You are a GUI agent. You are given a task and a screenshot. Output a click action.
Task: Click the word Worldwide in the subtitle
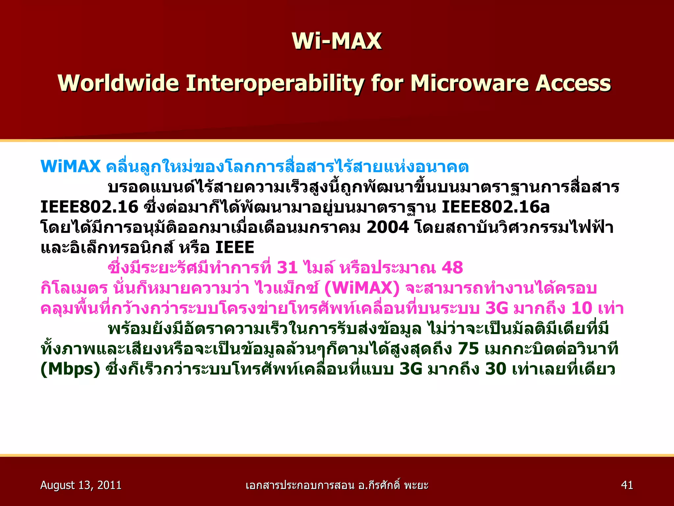[118, 83]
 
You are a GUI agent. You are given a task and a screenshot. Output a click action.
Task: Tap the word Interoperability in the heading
[275, 83]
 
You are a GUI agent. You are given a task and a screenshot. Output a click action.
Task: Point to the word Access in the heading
[573, 83]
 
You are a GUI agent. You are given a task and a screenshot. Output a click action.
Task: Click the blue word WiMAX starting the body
[70, 166]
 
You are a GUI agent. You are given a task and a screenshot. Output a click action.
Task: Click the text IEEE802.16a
[495, 207]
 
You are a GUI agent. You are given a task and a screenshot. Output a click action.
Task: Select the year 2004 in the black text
[387, 227]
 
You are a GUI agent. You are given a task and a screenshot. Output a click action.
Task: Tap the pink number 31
[287, 267]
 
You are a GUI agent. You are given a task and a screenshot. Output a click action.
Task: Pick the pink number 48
[452, 267]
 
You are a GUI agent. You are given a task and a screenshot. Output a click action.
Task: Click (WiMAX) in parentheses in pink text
[362, 288]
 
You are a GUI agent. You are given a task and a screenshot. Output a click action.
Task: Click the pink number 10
[582, 308]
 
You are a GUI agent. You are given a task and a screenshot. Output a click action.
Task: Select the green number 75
[468, 349]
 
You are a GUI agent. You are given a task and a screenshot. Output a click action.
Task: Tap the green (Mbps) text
[70, 369]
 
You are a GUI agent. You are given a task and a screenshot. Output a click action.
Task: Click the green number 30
[496, 369]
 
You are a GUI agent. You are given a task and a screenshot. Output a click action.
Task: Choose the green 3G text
[410, 369]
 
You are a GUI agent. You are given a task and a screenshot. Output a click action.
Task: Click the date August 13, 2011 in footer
[81, 485]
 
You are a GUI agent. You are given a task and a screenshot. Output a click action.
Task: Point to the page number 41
[627, 485]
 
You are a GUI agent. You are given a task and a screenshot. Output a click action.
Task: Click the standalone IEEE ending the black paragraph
[234, 247]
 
